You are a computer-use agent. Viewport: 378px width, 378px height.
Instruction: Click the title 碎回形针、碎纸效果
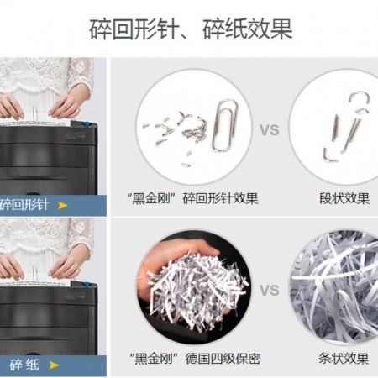click(x=191, y=29)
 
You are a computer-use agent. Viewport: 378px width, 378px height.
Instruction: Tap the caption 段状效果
click(x=344, y=198)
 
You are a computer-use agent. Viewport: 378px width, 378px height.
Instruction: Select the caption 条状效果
click(x=344, y=359)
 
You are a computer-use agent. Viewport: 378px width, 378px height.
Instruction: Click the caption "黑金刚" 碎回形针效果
click(x=192, y=198)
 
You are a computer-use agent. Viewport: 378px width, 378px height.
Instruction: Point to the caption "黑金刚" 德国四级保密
click(x=195, y=359)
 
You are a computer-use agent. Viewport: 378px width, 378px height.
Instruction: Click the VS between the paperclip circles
click(x=270, y=130)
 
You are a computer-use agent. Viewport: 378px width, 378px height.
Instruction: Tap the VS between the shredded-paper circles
click(x=270, y=291)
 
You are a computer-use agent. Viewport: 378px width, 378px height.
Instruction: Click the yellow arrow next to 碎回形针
click(x=63, y=206)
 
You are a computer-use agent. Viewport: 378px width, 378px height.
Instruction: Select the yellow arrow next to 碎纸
click(x=54, y=365)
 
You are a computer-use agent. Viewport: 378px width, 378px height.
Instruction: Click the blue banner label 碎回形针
click(x=24, y=205)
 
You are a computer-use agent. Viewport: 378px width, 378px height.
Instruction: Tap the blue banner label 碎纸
click(x=24, y=365)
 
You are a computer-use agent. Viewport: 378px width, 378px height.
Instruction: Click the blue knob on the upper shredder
click(x=87, y=123)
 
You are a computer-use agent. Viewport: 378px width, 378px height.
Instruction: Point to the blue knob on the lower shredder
click(x=87, y=284)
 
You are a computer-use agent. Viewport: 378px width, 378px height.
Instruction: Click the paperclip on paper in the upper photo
click(x=34, y=113)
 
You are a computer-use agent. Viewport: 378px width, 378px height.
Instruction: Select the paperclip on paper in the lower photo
click(x=34, y=273)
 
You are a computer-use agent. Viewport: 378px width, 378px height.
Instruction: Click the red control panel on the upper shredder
click(x=75, y=135)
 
